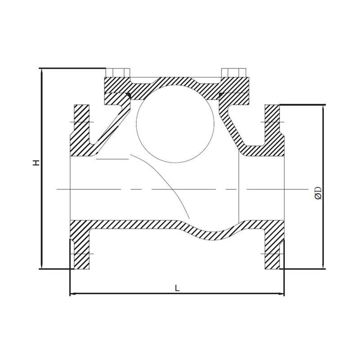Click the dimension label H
click(x=36, y=163)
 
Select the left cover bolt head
click(x=117, y=73)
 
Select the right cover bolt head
click(x=234, y=73)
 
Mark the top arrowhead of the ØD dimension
click(x=323, y=107)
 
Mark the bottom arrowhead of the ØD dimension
click(x=323, y=267)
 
